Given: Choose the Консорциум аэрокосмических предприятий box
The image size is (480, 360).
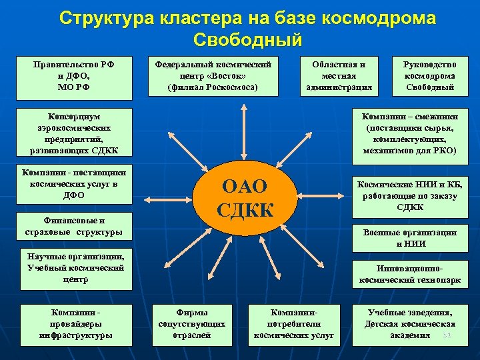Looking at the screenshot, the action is coord(74,132).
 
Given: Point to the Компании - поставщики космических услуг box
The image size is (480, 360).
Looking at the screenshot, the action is coord(74,183).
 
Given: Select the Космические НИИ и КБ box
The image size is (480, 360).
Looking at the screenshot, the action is coord(409,195).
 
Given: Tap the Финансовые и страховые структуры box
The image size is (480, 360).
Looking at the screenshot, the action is coord(74,227).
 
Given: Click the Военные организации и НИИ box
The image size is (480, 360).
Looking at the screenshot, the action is coord(409,237).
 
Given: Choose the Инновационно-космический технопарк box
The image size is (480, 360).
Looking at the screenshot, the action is coord(409,275).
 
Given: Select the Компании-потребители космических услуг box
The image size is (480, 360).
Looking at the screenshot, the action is coord(291,323).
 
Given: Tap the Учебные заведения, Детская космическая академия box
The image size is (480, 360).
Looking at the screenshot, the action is coord(409,323).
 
